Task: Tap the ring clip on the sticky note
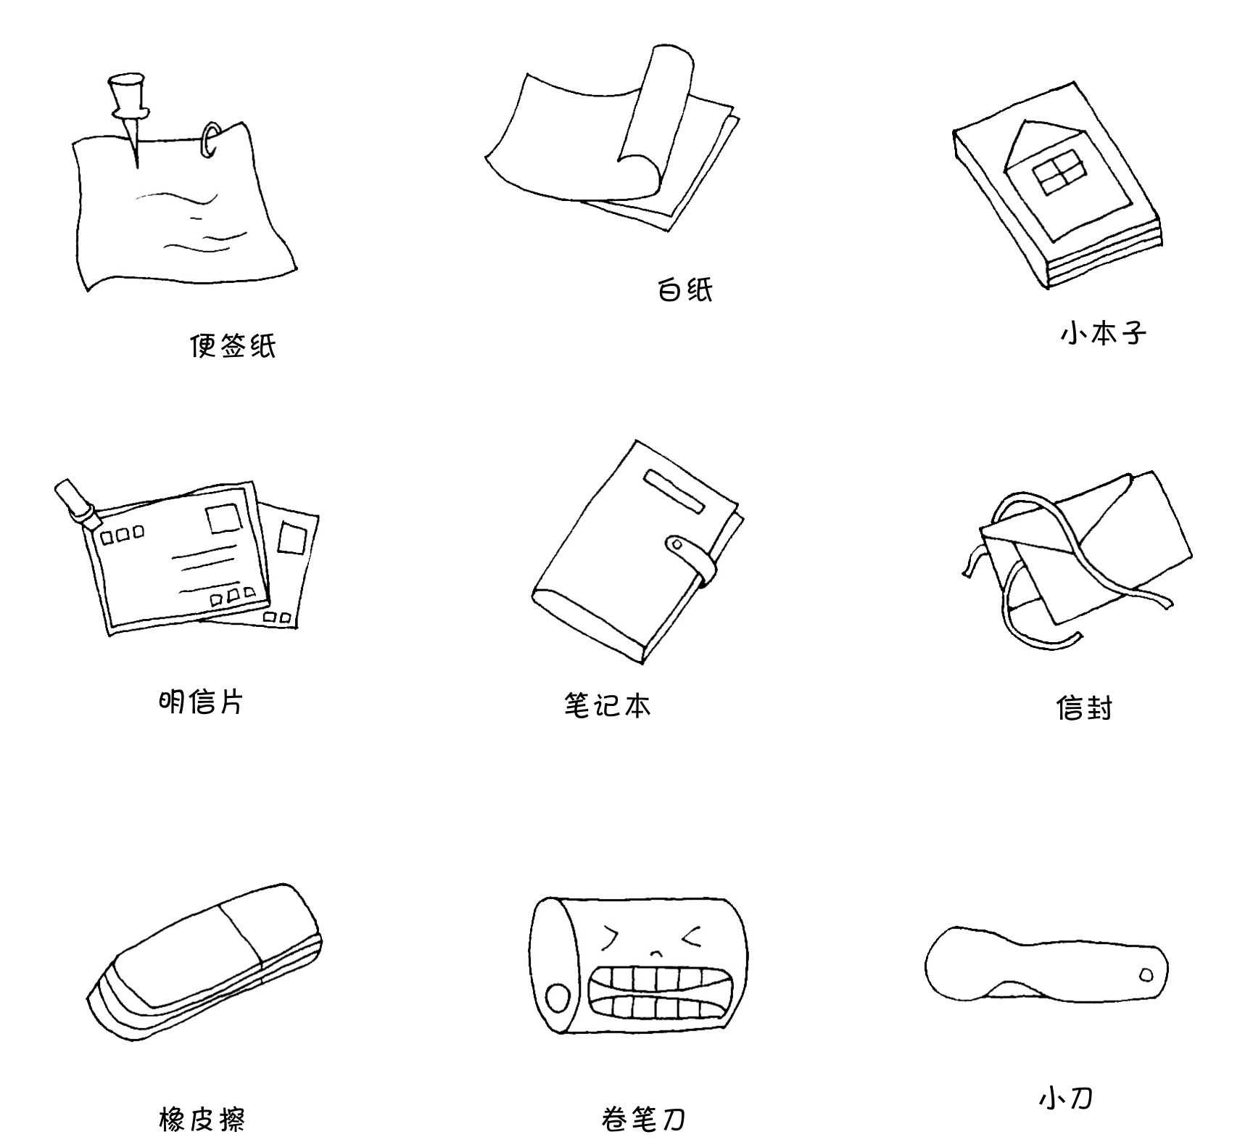(x=210, y=139)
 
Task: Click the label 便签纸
(x=233, y=346)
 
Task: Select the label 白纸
(x=685, y=290)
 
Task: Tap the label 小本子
(x=1103, y=334)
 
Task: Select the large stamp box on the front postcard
(x=224, y=519)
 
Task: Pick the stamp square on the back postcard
(x=292, y=538)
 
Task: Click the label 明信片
(x=201, y=702)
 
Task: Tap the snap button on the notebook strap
(x=677, y=543)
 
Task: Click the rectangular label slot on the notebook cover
(x=674, y=491)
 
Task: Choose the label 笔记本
(x=608, y=705)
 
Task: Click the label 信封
(x=1084, y=707)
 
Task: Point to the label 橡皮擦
(x=202, y=1119)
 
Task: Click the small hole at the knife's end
(x=1146, y=975)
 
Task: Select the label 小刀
(x=1065, y=1098)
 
